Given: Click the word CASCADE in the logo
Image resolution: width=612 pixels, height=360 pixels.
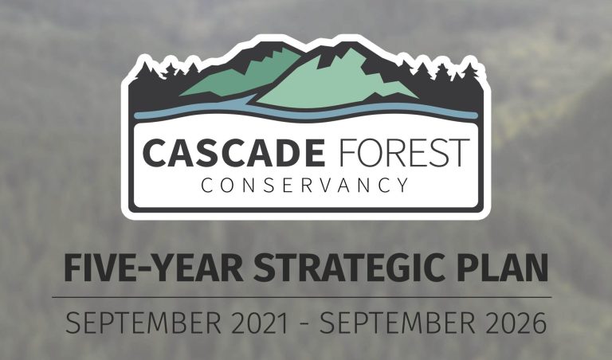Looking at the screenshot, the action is tap(233, 152).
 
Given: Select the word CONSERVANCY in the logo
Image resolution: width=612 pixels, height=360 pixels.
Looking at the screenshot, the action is tap(305, 186).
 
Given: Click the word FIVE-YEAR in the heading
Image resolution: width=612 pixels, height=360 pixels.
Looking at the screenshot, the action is tap(154, 268).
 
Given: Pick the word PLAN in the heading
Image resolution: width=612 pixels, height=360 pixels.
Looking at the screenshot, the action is tap(502, 268).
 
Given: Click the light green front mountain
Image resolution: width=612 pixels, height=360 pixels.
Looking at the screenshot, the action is tap(335, 84).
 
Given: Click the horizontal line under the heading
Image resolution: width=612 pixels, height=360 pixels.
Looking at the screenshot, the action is tap(302, 297).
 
